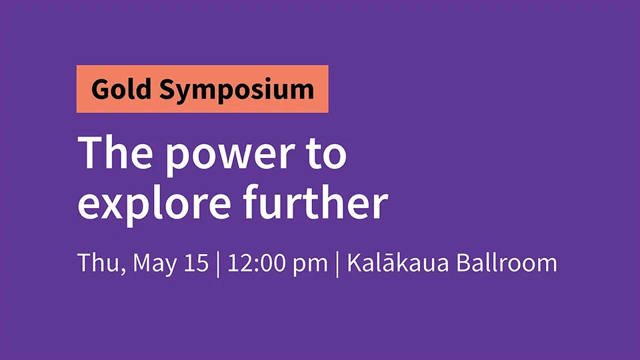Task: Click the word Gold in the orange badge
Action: tap(121, 89)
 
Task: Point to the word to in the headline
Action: tap(327, 153)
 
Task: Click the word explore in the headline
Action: tap(154, 203)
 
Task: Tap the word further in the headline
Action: tap(315, 201)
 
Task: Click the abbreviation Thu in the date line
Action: tap(99, 263)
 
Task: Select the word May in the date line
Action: tap(155, 265)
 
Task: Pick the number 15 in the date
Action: tap(196, 263)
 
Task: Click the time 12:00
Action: tap(256, 263)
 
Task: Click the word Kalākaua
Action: tap(397, 263)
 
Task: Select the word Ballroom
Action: tap(507, 263)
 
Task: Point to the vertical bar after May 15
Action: tap(218, 265)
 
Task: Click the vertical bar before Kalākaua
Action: tap(337, 265)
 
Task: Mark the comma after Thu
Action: tap(123, 271)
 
